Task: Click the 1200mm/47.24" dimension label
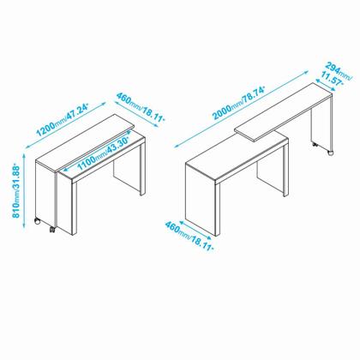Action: pos(63,120)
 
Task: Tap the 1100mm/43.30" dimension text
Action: pos(104,153)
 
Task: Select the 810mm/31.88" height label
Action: pos(16,191)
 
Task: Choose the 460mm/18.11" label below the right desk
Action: pos(189,236)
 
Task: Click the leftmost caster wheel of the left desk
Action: pos(37,221)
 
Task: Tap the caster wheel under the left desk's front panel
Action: pos(52,230)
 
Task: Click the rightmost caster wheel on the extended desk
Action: pos(330,153)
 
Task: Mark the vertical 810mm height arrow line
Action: pos(24,190)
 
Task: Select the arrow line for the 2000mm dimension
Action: pos(242,109)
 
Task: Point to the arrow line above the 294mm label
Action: pos(326,85)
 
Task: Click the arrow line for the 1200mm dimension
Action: pos(66,125)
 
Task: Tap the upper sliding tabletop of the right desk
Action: pos(285,111)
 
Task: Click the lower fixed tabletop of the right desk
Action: pos(237,157)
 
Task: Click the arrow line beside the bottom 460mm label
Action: pos(195,229)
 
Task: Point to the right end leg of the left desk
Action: pos(142,169)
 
